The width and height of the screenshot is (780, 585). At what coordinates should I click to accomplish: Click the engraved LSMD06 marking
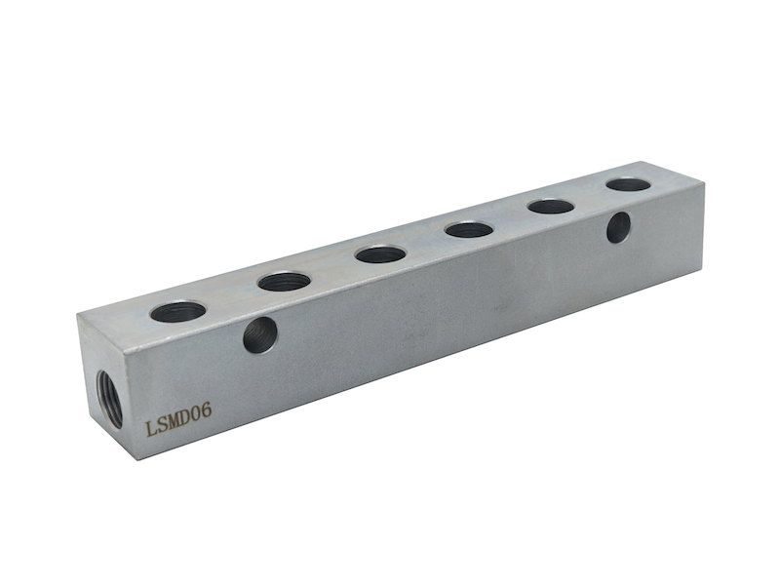pos(178,419)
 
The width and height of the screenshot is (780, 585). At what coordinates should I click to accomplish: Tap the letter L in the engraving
pos(151,428)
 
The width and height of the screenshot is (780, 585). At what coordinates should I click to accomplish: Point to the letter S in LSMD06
pos(162,424)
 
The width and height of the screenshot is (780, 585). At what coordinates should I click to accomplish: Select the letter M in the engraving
pos(174,420)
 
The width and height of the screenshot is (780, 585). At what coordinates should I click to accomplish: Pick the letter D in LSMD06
pos(186,416)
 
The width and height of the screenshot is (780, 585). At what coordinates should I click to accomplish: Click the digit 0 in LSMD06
pos(197,412)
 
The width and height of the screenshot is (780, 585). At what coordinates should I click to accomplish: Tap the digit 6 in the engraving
pos(207,409)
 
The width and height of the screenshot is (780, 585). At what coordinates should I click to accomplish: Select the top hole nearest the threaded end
pos(178,311)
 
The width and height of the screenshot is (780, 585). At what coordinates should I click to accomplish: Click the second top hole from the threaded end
pos(284,282)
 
